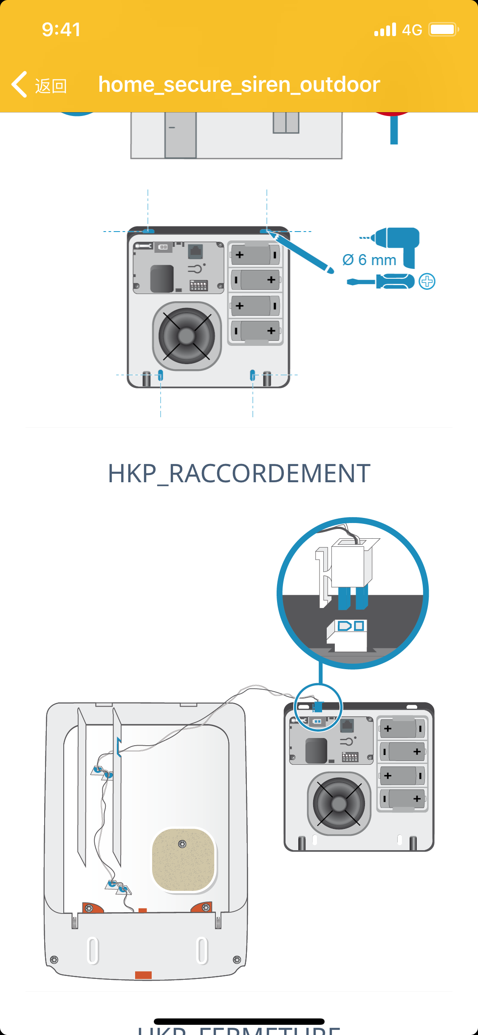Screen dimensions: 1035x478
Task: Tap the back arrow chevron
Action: [20, 84]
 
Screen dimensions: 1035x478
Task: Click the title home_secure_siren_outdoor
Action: [239, 84]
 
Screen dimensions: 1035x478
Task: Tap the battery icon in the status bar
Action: [443, 30]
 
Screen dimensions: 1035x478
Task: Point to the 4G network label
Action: [412, 30]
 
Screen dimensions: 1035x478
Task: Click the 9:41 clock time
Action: [61, 30]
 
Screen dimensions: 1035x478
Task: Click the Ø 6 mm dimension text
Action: [369, 260]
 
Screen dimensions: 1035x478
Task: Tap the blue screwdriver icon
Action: [381, 281]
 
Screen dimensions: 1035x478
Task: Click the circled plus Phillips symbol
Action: [427, 281]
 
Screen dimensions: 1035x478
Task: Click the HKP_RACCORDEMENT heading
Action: [239, 473]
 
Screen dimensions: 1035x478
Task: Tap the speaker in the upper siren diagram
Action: [187, 336]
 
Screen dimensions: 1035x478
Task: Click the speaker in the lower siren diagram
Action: [339, 803]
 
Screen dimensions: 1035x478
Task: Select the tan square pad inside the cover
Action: [184, 859]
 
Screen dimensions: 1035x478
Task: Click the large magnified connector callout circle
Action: [352, 593]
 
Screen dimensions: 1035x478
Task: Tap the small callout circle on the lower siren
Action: [318, 707]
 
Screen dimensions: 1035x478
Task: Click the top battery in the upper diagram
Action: [255, 255]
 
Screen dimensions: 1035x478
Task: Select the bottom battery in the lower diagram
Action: [402, 799]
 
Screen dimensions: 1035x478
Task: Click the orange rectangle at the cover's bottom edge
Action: [143, 975]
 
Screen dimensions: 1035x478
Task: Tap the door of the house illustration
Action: [180, 135]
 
